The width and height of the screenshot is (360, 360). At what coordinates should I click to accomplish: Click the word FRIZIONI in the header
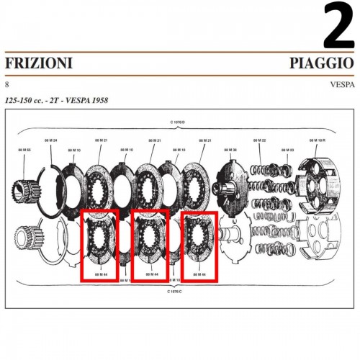click(39, 64)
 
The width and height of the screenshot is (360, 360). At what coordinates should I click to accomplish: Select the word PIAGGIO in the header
click(322, 64)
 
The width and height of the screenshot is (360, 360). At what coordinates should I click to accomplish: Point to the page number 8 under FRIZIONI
click(7, 84)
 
